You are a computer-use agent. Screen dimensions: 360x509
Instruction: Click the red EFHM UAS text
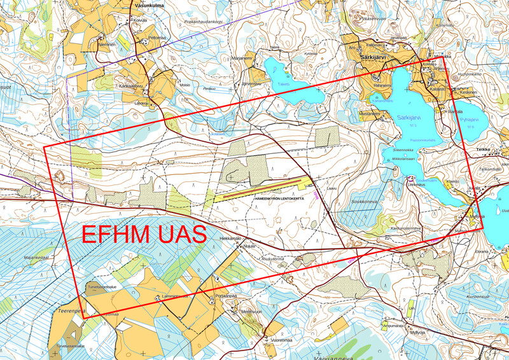144,233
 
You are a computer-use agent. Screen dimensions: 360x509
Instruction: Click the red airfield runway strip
266,187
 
